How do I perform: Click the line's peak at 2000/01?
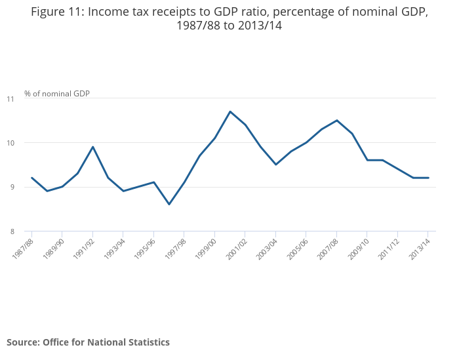230,111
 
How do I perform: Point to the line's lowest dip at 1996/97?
169,204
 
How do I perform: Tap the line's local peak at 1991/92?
93,147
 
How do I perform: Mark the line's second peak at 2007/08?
337,121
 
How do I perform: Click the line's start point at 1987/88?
31,178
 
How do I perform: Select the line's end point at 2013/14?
428,178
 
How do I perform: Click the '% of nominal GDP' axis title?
57,93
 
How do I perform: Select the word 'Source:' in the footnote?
23,342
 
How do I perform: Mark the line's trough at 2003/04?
276,165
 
